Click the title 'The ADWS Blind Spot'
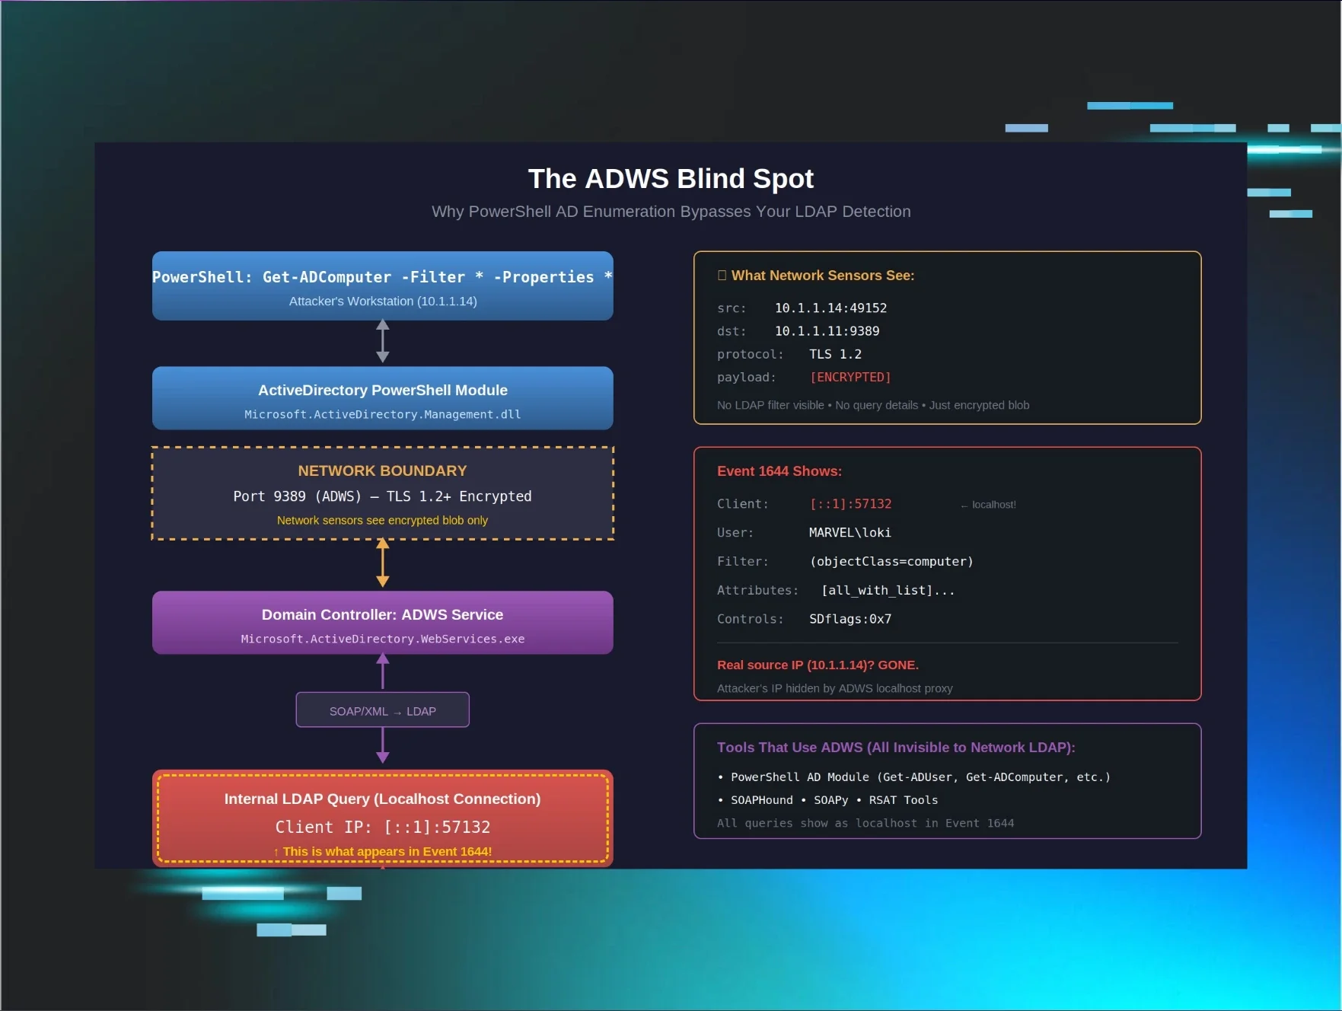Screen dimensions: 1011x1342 click(x=671, y=179)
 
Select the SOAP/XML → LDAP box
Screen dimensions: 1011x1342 click(x=382, y=710)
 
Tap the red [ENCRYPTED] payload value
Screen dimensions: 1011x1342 click(x=850, y=377)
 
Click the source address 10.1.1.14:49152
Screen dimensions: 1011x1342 click(x=830, y=308)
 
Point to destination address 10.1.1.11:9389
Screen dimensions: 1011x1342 click(x=827, y=330)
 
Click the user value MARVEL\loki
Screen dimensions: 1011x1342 click(x=850, y=532)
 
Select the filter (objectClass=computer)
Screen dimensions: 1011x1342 click(x=891, y=561)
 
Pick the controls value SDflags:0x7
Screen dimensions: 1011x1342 click(x=850, y=619)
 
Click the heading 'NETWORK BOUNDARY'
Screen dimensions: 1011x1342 click(x=382, y=470)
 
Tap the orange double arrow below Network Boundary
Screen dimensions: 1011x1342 click(x=383, y=563)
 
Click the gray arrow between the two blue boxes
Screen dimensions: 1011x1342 click(x=383, y=341)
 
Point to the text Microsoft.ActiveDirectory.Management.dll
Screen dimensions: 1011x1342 click(x=382, y=414)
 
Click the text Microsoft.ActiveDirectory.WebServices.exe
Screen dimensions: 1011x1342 click(x=382, y=639)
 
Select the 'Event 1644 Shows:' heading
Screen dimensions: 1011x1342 click(x=779, y=471)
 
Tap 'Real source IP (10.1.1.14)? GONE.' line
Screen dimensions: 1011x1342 click(x=818, y=665)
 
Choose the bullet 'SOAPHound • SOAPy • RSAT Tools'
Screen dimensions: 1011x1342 click(x=834, y=800)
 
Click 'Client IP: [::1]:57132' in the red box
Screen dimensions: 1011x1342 click(x=382, y=827)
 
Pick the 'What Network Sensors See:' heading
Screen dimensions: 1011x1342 click(x=822, y=276)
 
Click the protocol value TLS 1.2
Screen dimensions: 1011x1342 click(x=835, y=354)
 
